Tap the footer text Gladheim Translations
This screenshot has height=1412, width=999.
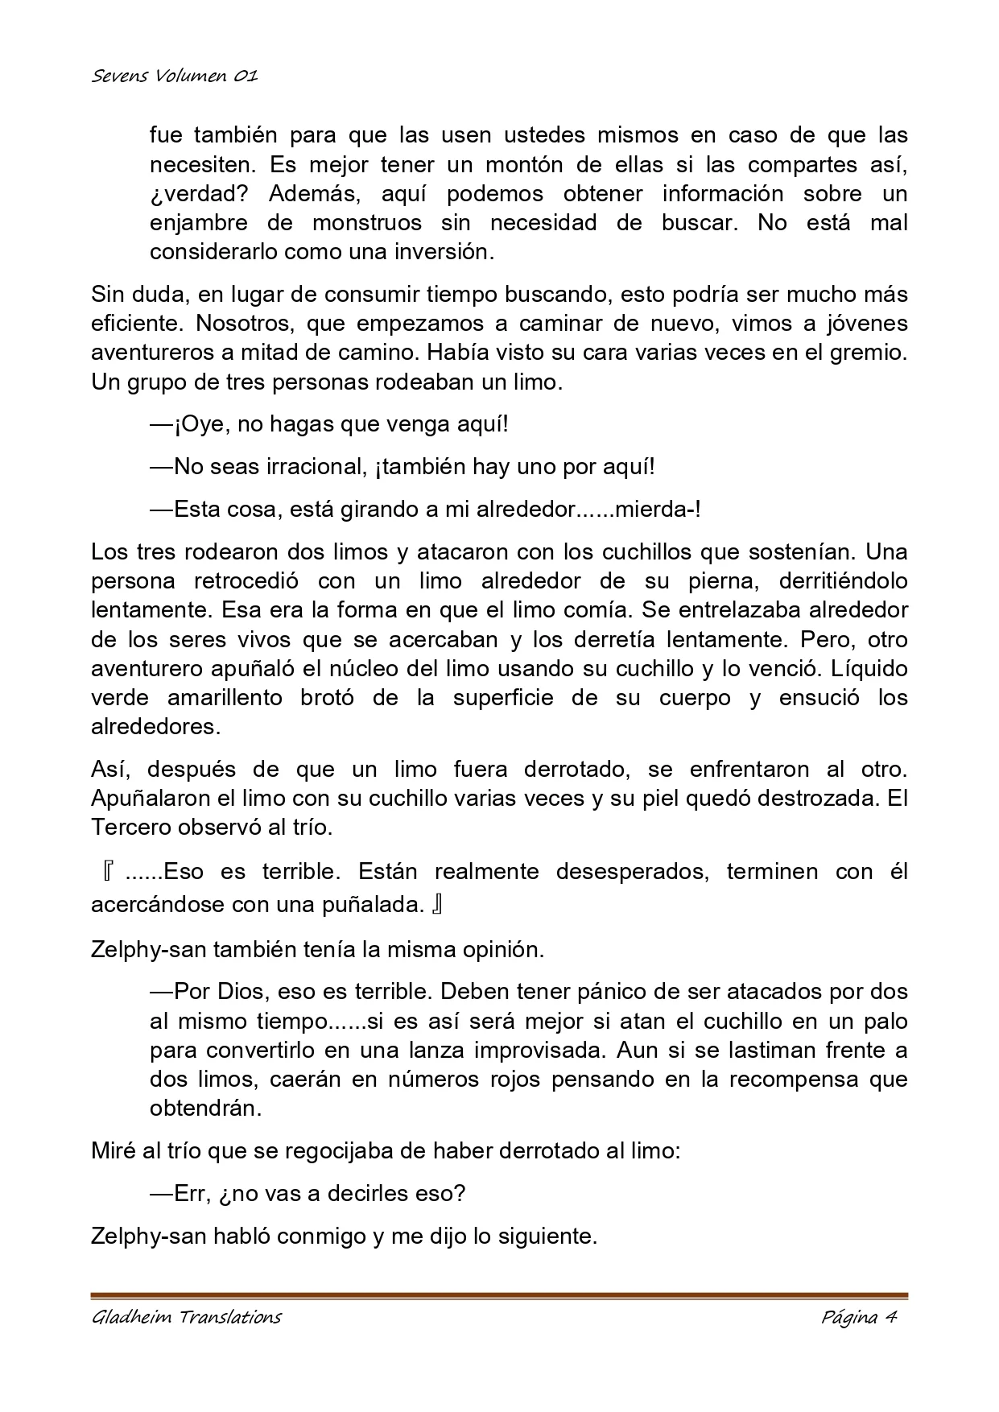(187, 1317)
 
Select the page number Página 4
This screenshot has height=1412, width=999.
(859, 1317)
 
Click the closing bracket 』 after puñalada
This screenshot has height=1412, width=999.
(437, 905)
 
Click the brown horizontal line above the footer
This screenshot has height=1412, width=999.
(499, 1295)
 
